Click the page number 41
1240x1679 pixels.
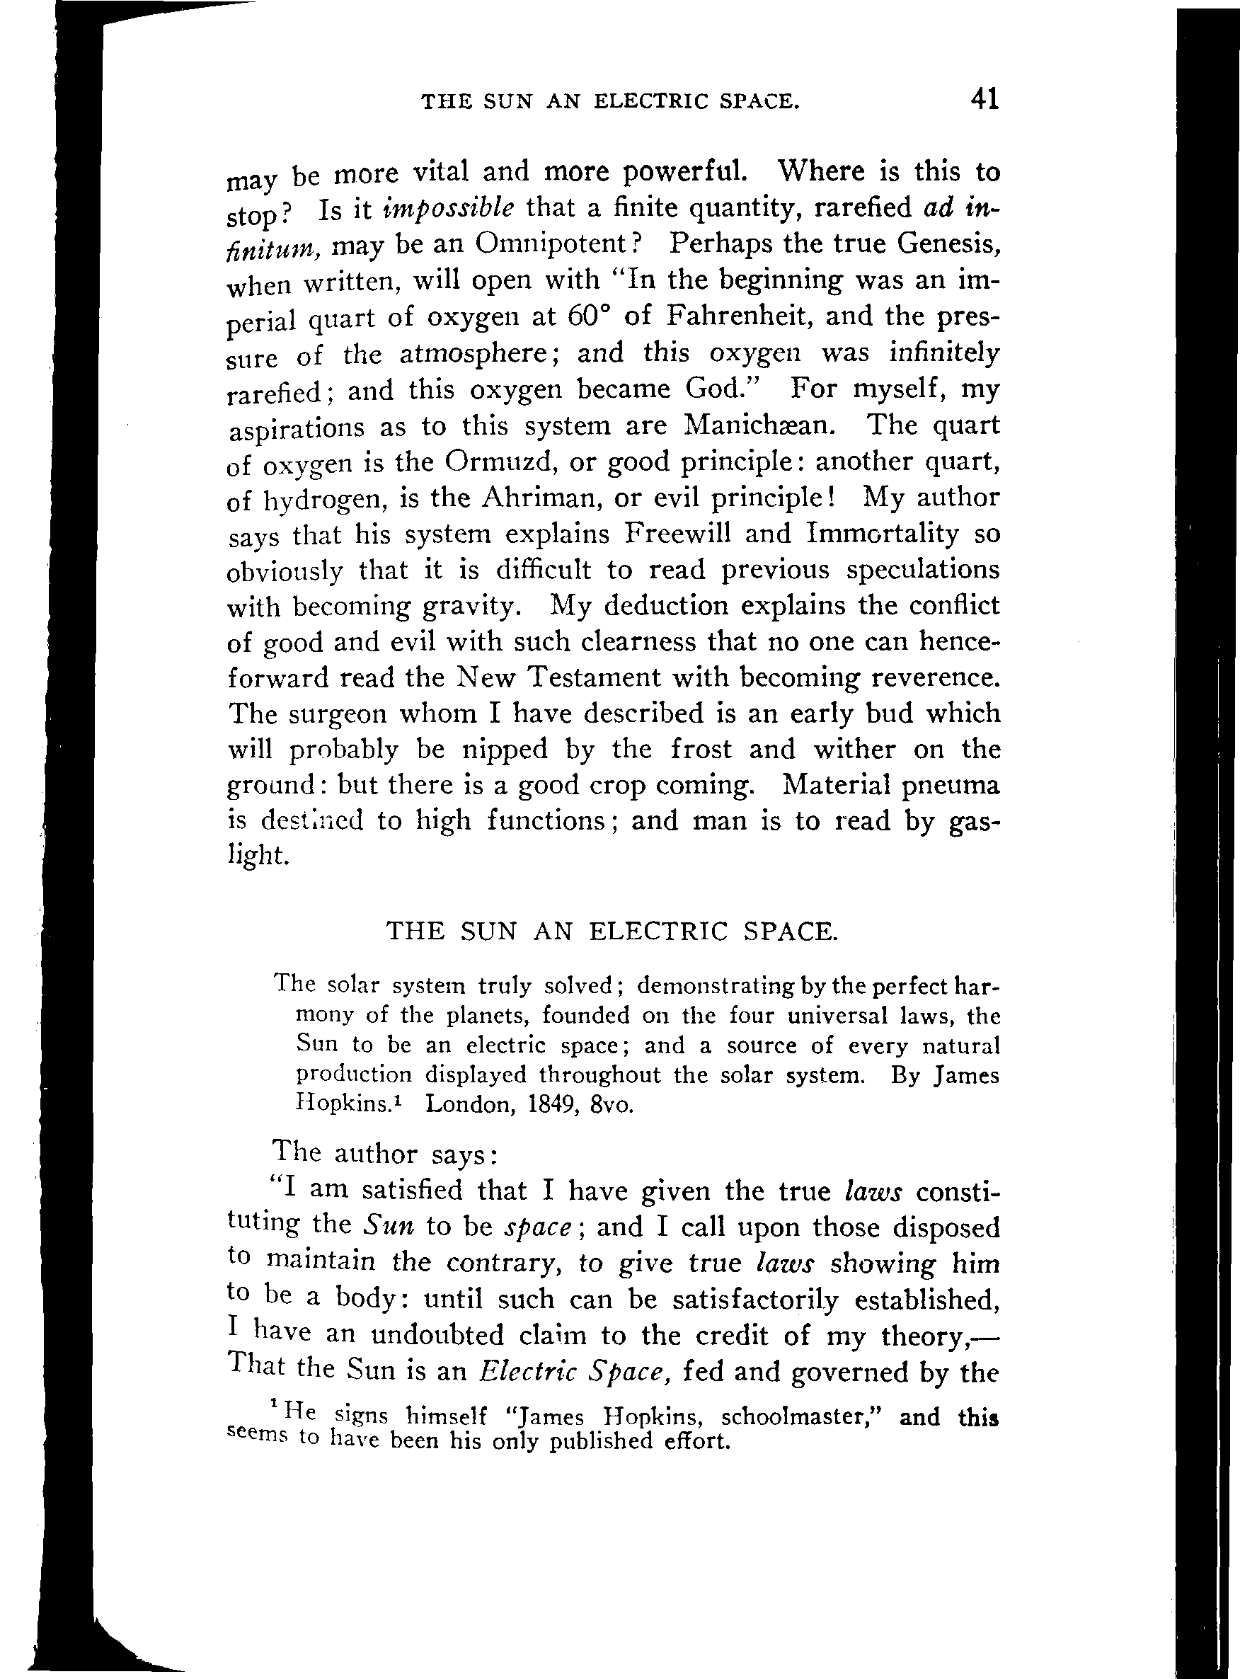click(984, 98)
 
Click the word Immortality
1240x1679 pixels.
click(883, 533)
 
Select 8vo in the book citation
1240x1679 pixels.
click(612, 1105)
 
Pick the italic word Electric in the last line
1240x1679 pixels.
click(529, 1372)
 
